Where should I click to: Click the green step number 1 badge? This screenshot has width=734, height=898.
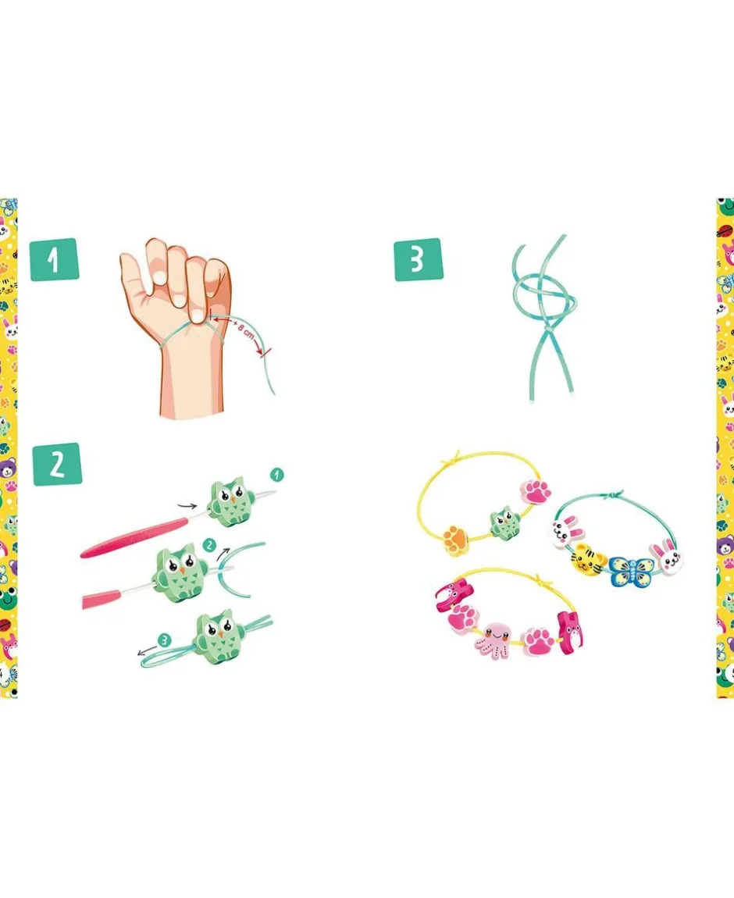pyautogui.click(x=54, y=259)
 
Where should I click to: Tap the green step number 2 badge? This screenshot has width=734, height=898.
pyautogui.click(x=57, y=464)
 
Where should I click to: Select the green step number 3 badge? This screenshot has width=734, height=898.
pyautogui.click(x=419, y=259)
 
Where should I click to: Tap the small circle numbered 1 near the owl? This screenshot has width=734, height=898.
pyautogui.click(x=276, y=475)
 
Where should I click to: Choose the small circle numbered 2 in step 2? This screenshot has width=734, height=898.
pyautogui.click(x=209, y=544)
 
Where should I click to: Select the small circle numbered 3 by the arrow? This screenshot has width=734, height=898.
pyautogui.click(x=164, y=640)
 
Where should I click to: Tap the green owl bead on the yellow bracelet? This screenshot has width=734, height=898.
pyautogui.click(x=504, y=522)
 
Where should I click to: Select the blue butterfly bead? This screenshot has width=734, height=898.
pyautogui.click(x=630, y=569)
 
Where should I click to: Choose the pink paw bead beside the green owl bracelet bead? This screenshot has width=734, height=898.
pyautogui.click(x=536, y=491)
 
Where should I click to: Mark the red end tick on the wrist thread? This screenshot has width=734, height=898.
pyautogui.click(x=266, y=354)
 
